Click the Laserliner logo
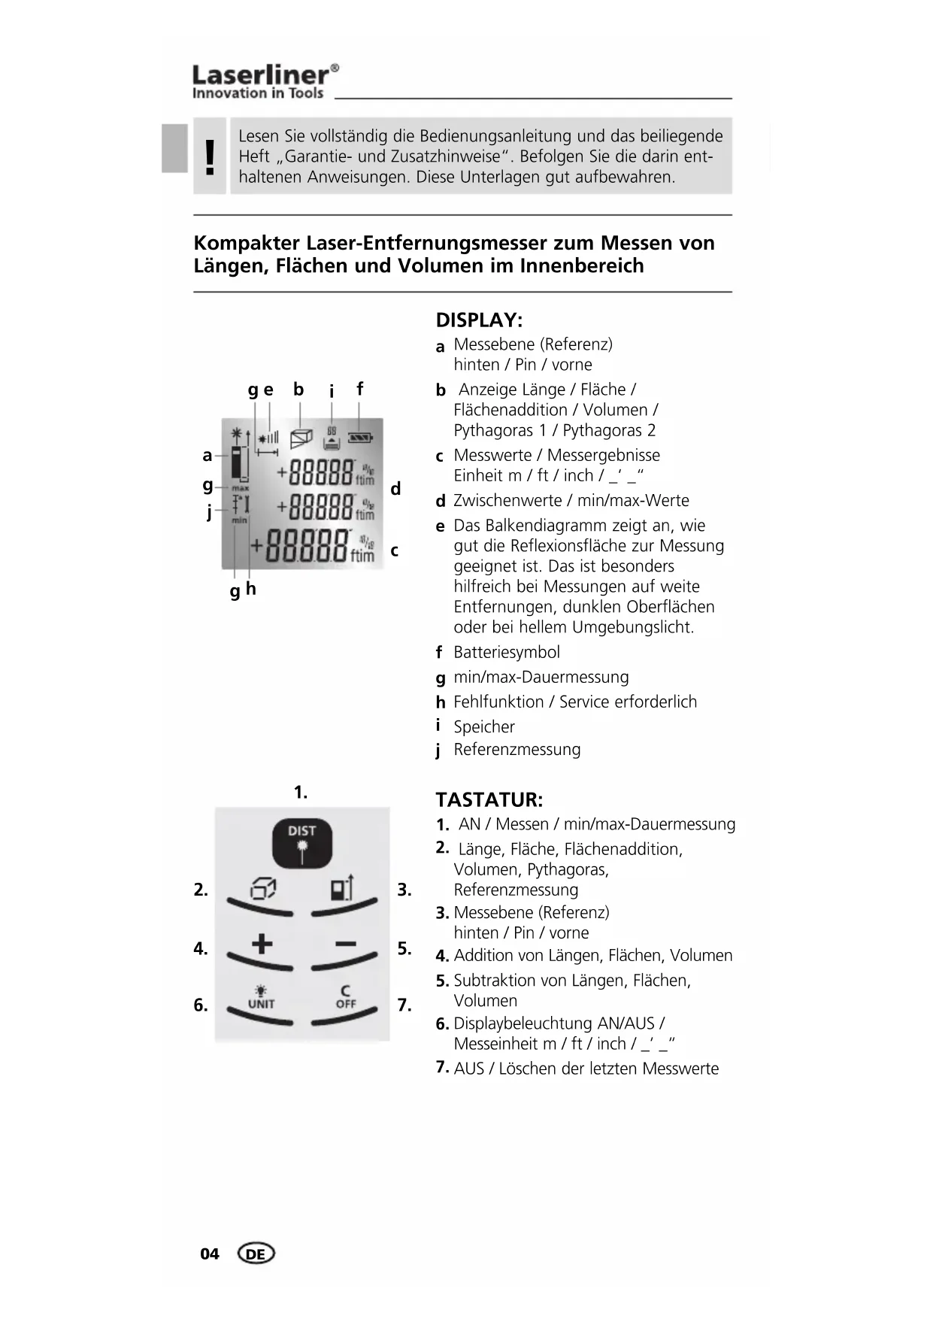[x=265, y=81]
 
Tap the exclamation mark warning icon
[x=210, y=157]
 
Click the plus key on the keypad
[x=262, y=945]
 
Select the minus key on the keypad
[x=345, y=945]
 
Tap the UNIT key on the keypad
[x=261, y=999]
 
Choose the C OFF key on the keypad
[x=345, y=998]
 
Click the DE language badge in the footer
[x=256, y=1254]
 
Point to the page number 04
[x=210, y=1254]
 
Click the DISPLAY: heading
[x=479, y=320]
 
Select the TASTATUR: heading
[x=489, y=799]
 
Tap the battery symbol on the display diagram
[x=360, y=437]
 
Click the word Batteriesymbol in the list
[x=506, y=652]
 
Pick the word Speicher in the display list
[x=484, y=726]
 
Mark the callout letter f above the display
[x=359, y=389]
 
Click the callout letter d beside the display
[x=395, y=489]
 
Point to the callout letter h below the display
[x=251, y=589]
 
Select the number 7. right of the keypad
[x=404, y=1005]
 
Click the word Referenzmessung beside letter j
[x=516, y=750]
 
